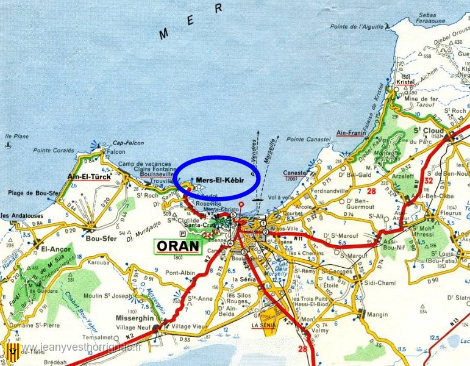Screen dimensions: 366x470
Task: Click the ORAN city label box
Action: tap(177, 246)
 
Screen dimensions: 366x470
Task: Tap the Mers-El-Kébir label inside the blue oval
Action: tap(220, 180)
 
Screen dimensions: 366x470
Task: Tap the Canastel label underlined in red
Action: tap(295, 173)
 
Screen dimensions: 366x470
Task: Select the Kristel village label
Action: tap(405, 81)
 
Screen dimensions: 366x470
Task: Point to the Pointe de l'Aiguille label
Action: tap(357, 26)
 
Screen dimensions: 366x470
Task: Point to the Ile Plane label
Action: tap(17, 136)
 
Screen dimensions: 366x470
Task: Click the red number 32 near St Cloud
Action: tap(429, 181)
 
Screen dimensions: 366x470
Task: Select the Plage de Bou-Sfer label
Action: tap(33, 193)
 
